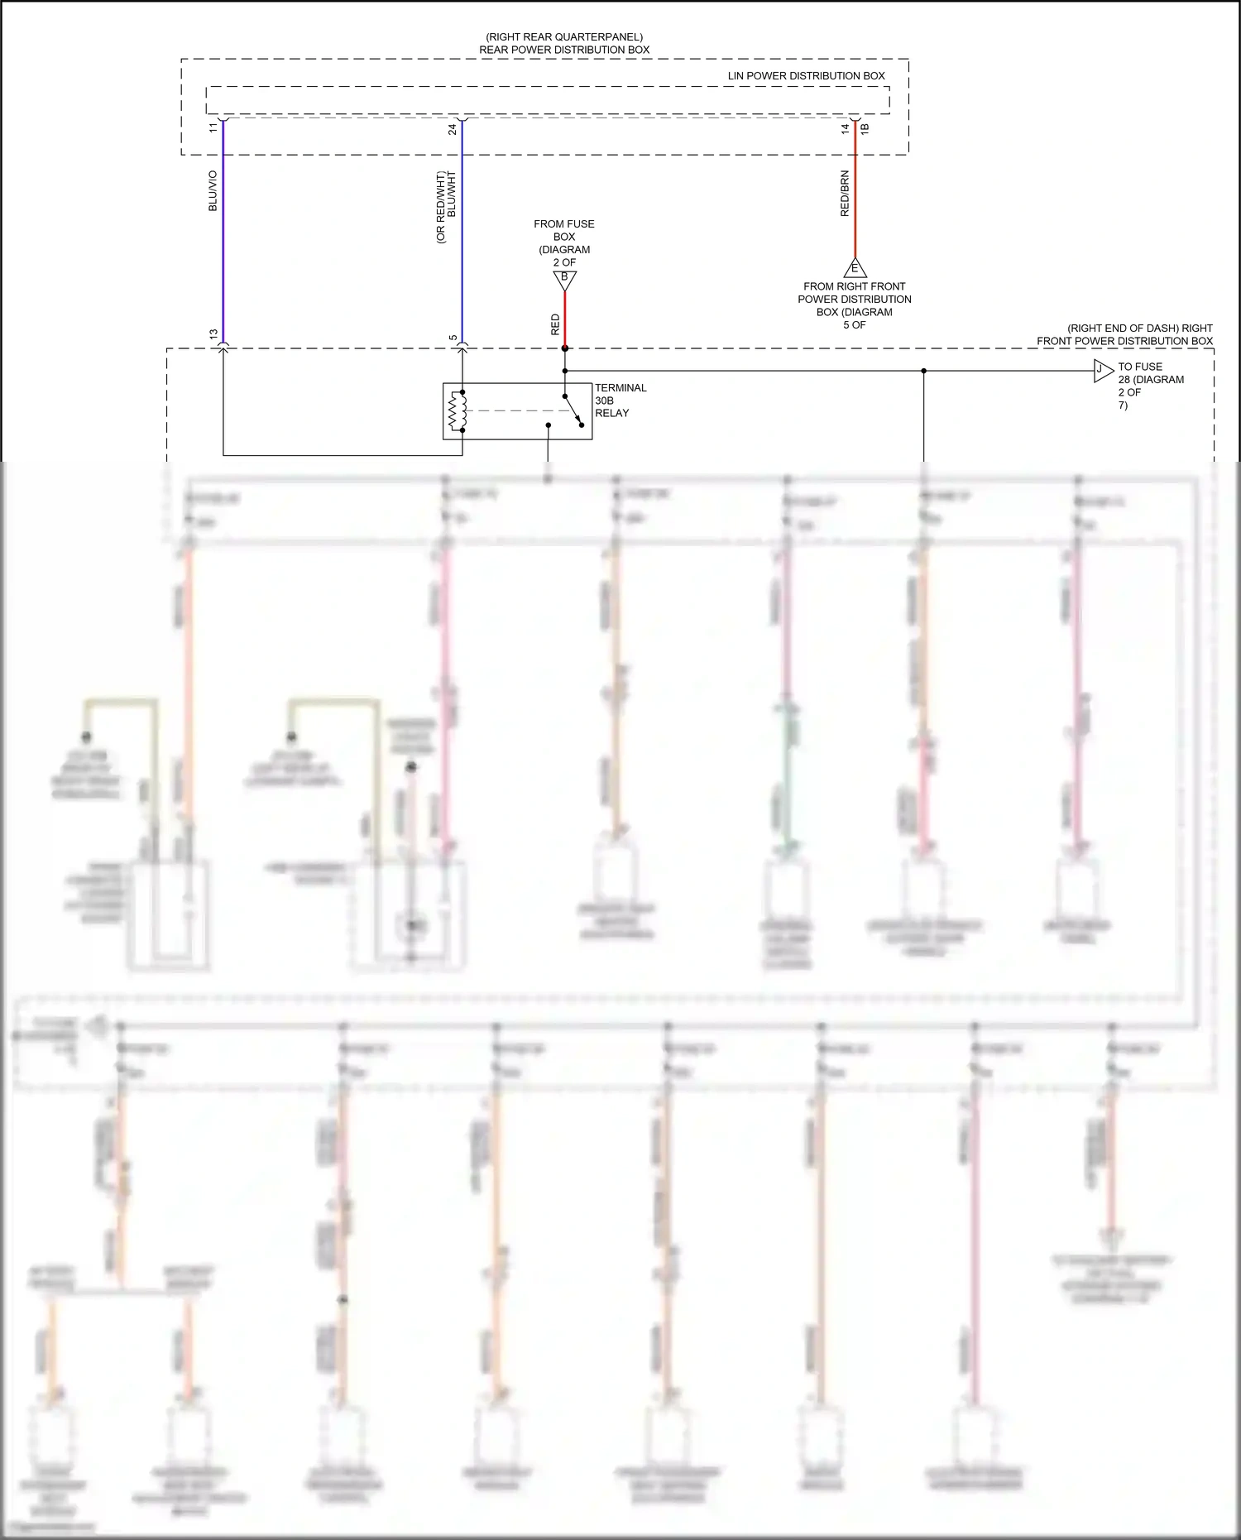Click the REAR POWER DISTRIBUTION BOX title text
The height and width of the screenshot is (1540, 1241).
pos(564,50)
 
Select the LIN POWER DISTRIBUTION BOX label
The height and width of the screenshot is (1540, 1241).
pos(806,75)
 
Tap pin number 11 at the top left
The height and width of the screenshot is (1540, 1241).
pos(213,127)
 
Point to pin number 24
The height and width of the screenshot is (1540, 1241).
pos(453,129)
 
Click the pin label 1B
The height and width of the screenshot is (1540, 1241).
pos(865,128)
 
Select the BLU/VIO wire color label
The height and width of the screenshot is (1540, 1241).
pos(213,191)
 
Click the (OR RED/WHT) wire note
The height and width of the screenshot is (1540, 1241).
pos(440,207)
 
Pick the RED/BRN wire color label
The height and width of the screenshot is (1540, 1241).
pos(845,194)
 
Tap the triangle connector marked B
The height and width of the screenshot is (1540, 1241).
pos(564,280)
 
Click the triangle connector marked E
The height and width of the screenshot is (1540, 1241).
pos(855,268)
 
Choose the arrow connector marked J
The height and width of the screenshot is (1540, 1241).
pos(1102,371)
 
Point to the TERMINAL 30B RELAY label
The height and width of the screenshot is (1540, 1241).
pos(620,401)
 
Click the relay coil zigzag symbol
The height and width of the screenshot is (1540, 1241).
pos(453,411)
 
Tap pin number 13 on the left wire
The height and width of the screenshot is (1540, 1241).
pos(213,334)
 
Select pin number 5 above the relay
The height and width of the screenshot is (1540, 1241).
pos(453,338)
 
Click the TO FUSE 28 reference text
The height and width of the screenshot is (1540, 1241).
pos(1150,386)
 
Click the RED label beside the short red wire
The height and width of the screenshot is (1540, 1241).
pos(555,324)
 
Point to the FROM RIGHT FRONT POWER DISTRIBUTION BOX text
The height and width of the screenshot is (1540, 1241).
pos(855,305)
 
